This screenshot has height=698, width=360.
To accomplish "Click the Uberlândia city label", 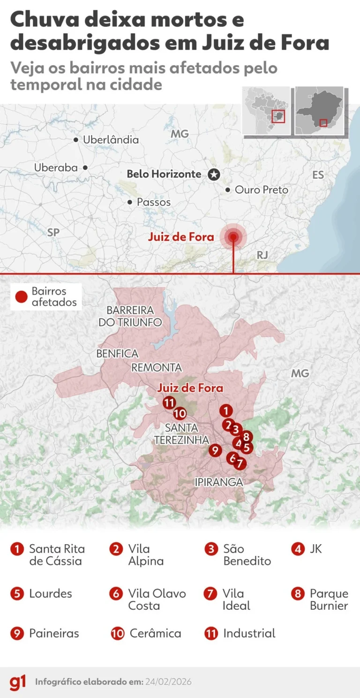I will (111, 140).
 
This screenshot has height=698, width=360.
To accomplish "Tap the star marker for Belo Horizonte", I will (214, 174).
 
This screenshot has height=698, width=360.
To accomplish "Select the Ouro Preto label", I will (262, 190).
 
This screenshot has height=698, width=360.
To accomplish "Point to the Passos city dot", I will (130, 202).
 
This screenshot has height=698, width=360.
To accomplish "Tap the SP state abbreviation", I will (53, 232).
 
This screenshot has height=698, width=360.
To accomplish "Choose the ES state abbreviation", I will (318, 175).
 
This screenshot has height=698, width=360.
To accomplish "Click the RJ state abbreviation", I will (262, 255).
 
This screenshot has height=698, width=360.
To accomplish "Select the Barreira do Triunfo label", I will (130, 316).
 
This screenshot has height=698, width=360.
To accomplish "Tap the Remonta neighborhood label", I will (157, 368).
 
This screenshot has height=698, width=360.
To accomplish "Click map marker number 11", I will (169, 402).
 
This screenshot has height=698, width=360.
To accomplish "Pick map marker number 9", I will (215, 450).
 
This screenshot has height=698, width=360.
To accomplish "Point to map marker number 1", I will (226, 411).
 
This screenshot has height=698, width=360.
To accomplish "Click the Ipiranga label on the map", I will (219, 482).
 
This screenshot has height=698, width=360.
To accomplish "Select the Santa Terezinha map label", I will (181, 434).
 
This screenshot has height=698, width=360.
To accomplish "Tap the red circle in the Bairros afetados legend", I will (21, 296).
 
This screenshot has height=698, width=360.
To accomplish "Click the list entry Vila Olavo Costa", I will (157, 599).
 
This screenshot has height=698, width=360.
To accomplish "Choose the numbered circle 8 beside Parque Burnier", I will (298, 594).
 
